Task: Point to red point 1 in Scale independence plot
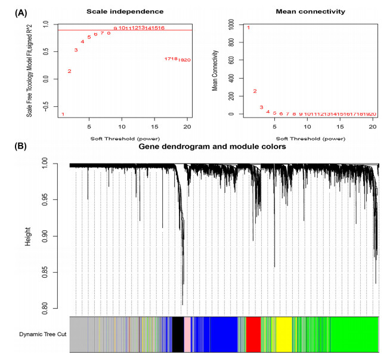click(x=63, y=114)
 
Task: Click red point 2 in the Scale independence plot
click(x=69, y=72)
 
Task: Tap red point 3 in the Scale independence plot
click(x=76, y=50)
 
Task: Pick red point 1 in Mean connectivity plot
click(x=248, y=27)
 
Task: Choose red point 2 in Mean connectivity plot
click(x=255, y=91)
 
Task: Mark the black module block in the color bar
click(x=178, y=334)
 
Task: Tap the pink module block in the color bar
click(x=187, y=334)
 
